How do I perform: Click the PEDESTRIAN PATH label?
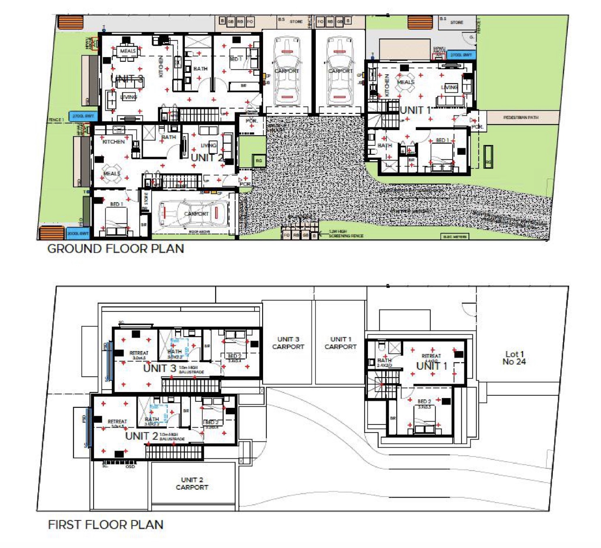click(521, 117)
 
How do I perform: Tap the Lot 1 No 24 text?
click(514, 358)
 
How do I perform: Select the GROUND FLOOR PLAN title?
click(115, 249)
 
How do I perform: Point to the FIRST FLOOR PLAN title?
click(105, 525)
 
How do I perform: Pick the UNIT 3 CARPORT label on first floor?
click(288, 343)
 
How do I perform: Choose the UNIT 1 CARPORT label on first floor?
click(340, 343)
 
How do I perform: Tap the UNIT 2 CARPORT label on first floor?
click(192, 484)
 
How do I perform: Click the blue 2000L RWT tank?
click(78, 234)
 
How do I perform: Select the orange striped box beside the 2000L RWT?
click(51, 233)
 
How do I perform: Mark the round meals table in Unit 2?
click(111, 173)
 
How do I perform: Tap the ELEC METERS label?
click(455, 237)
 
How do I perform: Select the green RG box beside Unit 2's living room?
click(259, 161)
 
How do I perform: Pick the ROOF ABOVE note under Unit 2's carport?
click(199, 232)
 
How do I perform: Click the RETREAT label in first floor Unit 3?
click(139, 353)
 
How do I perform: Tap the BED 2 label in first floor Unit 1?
click(424, 401)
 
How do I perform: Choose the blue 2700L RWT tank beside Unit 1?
click(461, 55)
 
